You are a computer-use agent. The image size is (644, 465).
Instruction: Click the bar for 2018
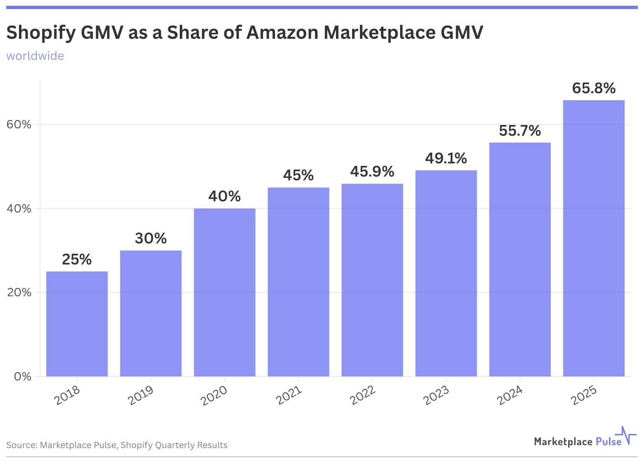77,324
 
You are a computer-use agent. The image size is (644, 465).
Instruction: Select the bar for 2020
224,292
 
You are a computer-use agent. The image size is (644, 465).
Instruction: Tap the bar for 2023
446,273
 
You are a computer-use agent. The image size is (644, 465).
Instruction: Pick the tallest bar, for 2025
593,238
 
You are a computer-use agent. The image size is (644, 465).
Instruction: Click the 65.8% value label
593,88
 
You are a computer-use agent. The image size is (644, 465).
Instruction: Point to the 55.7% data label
519,131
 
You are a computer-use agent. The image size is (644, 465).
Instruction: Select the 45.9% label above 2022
372,172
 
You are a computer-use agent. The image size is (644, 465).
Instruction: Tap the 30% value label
150,238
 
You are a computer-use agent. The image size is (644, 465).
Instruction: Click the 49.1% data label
446,158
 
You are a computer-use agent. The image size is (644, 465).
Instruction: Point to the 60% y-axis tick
19,125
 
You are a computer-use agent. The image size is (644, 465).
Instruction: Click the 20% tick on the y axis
19,293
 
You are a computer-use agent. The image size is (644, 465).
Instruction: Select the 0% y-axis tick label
23,377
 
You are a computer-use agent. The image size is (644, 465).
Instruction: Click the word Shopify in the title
41,33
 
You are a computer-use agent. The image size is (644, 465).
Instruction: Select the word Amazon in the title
282,33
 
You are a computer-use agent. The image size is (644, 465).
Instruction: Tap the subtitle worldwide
35,56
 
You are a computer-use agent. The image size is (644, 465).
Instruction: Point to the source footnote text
117,445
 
